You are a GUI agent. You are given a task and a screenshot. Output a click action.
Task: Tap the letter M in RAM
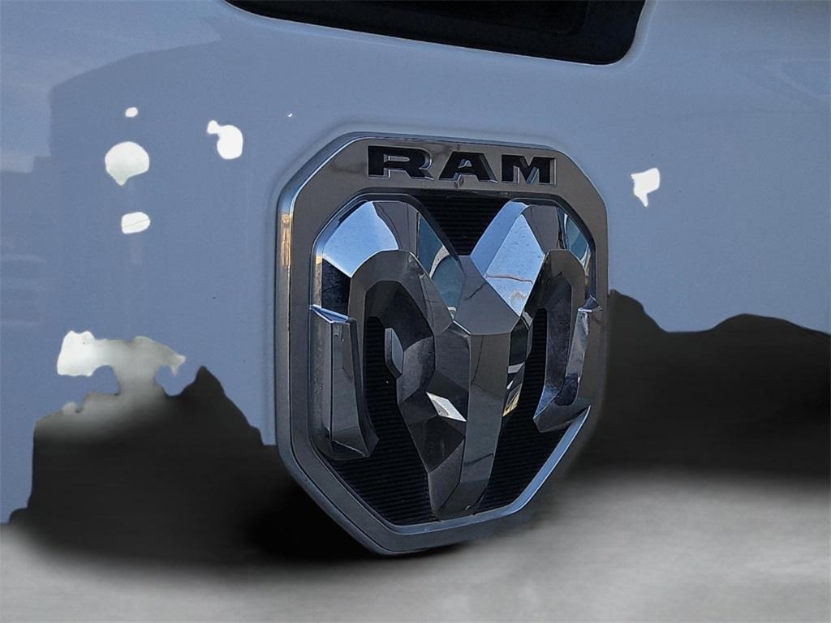click(527, 169)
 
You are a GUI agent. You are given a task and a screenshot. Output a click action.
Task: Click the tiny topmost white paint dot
click(131, 112)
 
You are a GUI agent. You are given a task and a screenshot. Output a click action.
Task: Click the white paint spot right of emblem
click(645, 183)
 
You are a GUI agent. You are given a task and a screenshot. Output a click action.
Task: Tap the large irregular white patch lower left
click(114, 357)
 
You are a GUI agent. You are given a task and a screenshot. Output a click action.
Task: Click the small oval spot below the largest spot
click(136, 222)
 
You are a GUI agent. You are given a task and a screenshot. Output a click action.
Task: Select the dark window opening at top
click(454, 24)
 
